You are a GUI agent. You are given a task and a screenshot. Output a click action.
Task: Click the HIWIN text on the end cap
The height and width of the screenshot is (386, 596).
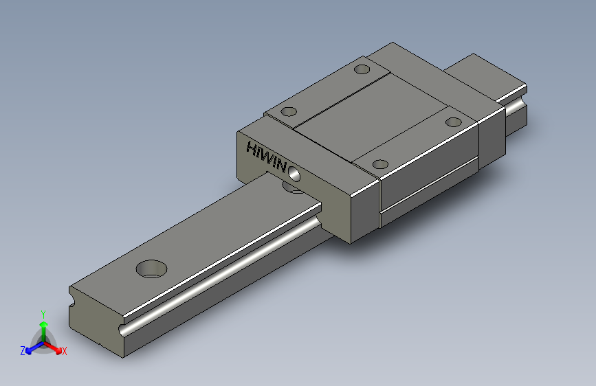(266, 156)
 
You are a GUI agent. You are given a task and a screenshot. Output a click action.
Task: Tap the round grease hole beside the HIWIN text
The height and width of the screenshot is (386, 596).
(294, 174)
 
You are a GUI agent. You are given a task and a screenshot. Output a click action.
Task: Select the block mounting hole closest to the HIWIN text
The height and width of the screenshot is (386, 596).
(289, 112)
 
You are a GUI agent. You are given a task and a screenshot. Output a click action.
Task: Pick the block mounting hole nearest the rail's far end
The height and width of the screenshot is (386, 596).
(454, 122)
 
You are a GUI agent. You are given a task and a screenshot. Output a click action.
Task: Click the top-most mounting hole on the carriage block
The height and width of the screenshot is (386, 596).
(362, 69)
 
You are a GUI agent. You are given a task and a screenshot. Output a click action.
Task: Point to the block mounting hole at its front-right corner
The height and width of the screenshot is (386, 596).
(380, 165)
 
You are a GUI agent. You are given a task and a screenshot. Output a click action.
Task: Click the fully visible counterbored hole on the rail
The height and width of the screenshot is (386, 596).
(151, 269)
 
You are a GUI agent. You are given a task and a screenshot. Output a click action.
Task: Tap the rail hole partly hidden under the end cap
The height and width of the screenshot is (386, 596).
(293, 188)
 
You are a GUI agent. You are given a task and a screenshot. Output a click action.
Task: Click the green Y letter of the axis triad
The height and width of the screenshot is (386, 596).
(43, 315)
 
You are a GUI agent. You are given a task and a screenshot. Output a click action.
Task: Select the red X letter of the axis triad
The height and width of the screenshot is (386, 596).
(64, 351)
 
